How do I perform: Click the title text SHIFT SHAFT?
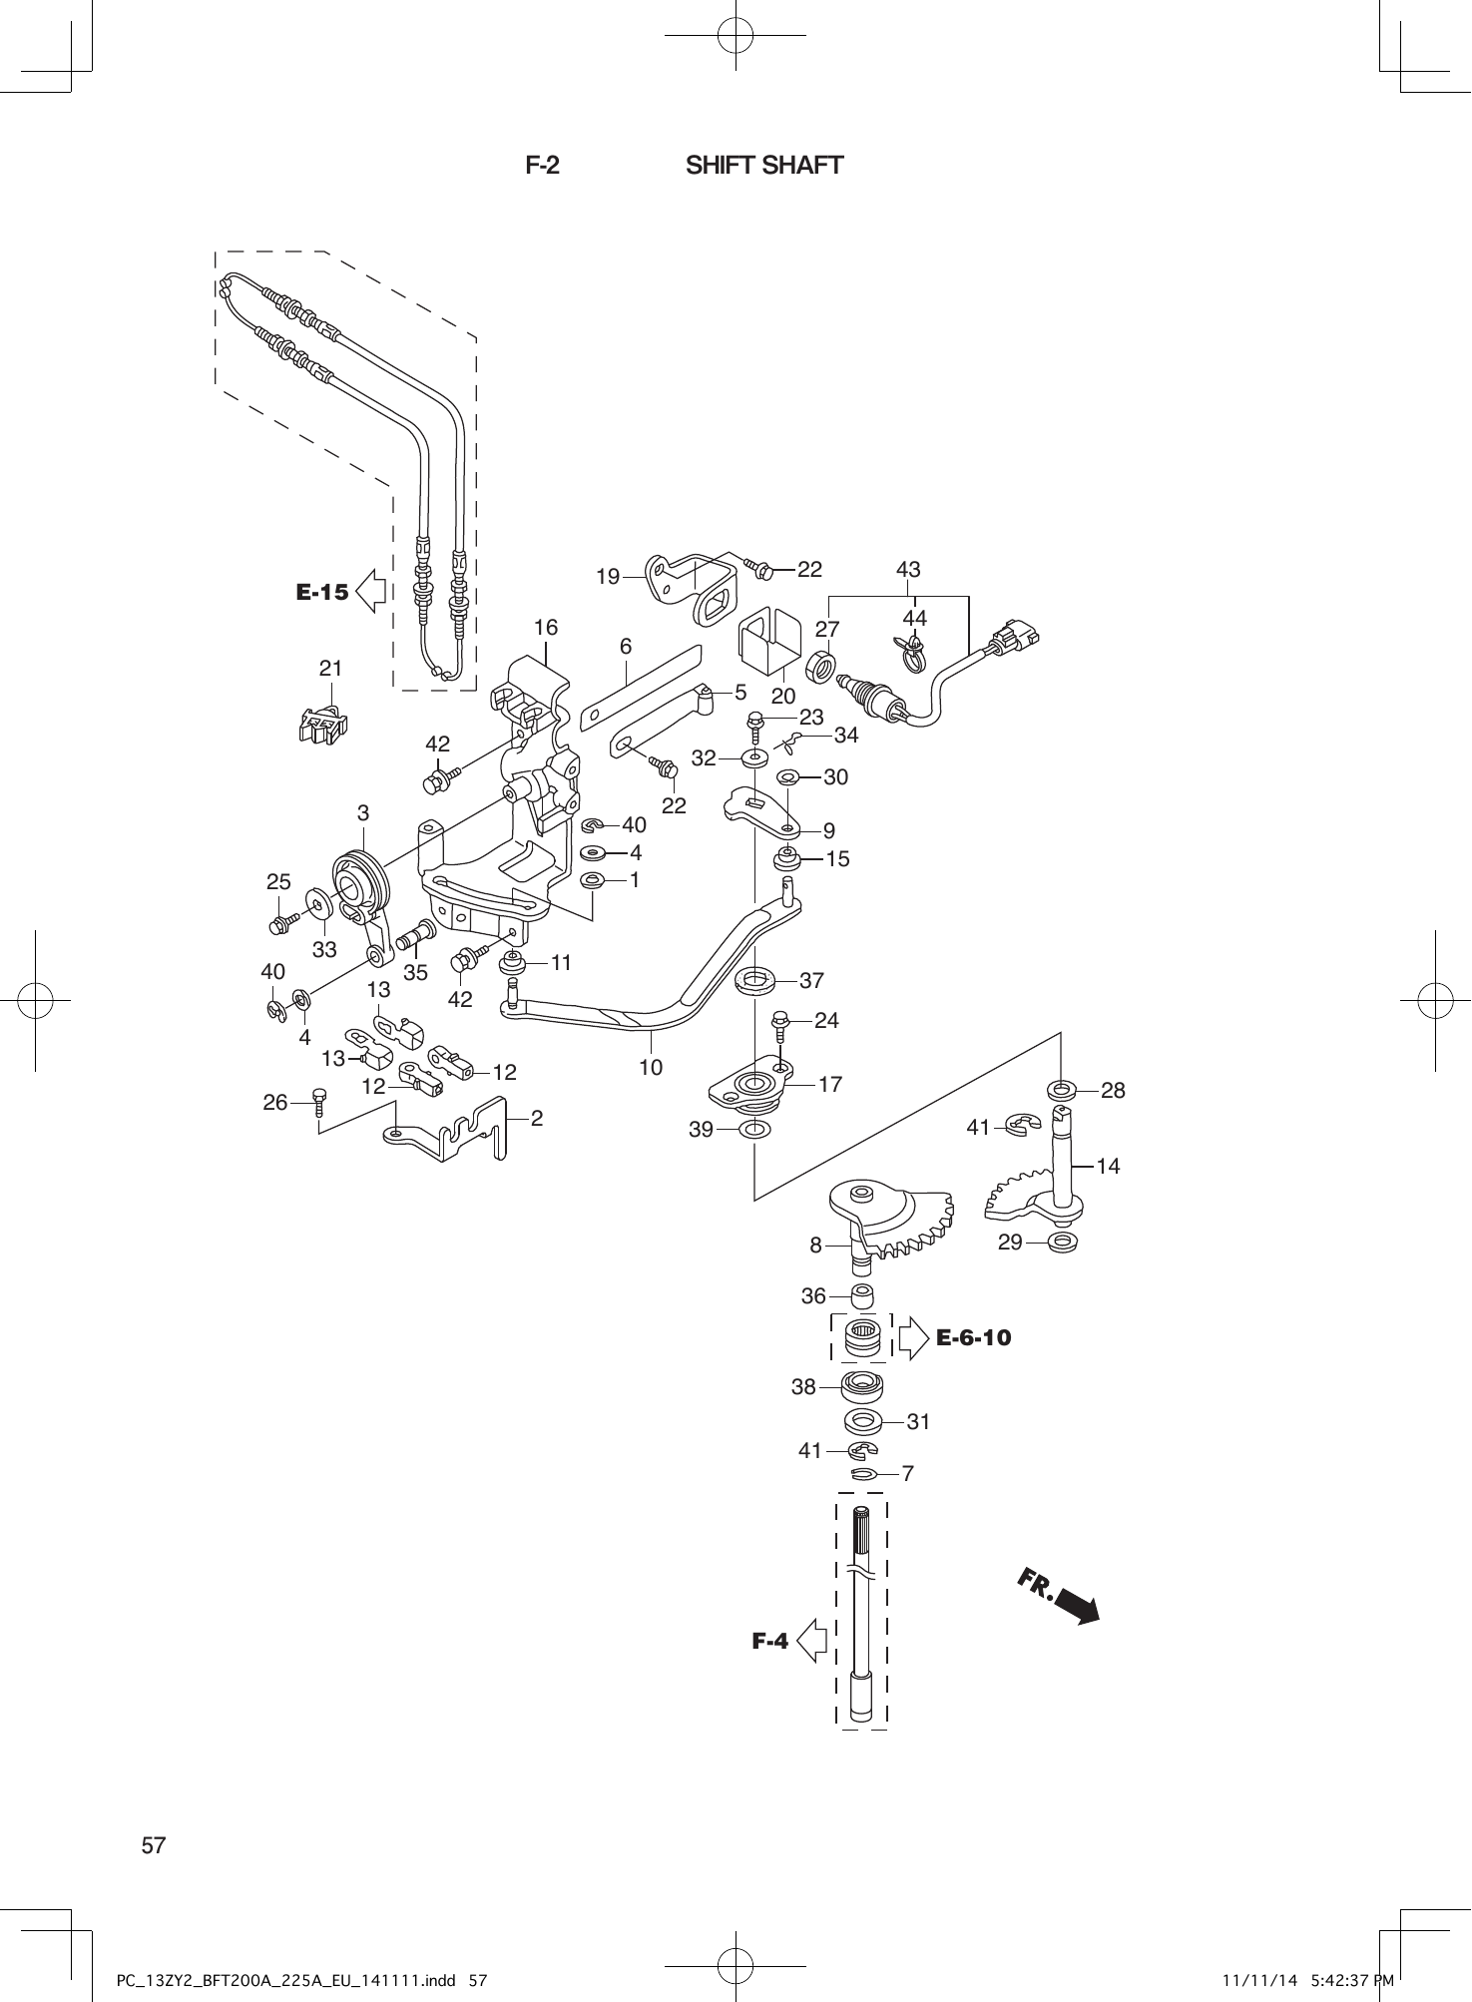(x=763, y=165)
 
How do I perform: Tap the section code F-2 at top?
(x=542, y=165)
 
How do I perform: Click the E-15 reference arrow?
(x=370, y=591)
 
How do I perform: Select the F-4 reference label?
(x=769, y=1640)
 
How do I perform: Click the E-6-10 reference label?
(x=973, y=1337)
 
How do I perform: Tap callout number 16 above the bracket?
(x=545, y=628)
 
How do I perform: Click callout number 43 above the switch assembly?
(x=907, y=569)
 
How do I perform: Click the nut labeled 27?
(x=820, y=666)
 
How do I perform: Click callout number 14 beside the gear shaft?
(x=1107, y=1165)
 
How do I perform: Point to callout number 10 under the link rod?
(x=650, y=1067)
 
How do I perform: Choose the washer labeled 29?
(x=1064, y=1244)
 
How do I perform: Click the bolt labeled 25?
(x=281, y=921)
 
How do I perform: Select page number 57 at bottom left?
(x=154, y=1845)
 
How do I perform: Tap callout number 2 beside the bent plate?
(x=536, y=1119)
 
